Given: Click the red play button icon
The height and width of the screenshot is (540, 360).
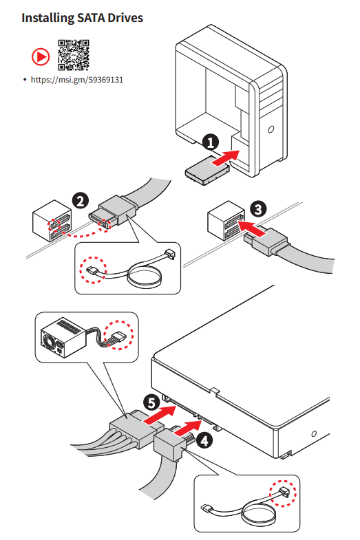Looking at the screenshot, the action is (41, 57).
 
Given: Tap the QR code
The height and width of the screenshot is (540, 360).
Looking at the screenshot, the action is (74, 55).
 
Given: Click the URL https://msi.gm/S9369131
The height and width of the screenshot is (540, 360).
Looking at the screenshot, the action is (77, 80).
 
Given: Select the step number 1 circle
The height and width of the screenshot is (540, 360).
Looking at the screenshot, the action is (210, 142).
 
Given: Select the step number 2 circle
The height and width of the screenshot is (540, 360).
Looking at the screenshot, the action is (81, 201).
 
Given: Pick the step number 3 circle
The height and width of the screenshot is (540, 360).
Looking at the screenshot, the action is (258, 209).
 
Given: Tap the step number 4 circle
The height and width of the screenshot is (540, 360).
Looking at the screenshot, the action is (204, 440).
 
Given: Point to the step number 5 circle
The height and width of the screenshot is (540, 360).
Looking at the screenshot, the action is (151, 402).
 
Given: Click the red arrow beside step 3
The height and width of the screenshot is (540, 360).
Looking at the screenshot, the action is (252, 228).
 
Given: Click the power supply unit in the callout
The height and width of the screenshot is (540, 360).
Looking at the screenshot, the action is (63, 337).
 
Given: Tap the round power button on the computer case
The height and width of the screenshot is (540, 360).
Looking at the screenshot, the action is (271, 129).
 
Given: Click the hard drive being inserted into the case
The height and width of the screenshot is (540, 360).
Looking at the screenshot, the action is (207, 171).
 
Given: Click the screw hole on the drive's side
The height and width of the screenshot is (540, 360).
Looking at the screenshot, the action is (314, 433).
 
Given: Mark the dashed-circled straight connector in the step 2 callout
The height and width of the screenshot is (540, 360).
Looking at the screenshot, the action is (92, 271).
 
